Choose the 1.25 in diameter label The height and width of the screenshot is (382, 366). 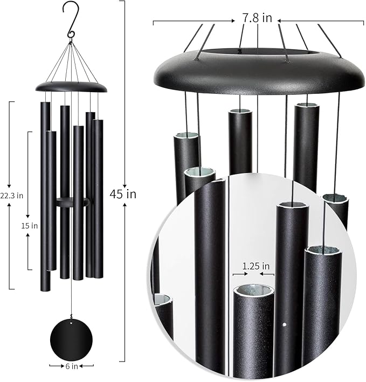pos(253,266)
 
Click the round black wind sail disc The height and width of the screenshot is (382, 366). pos(71,339)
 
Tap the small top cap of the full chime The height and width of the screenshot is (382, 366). pos(71,86)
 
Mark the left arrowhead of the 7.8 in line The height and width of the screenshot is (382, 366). pos(155,22)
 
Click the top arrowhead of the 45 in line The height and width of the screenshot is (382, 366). pos(125,3)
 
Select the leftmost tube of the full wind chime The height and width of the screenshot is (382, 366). pos(45,194)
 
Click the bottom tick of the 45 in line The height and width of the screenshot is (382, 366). pos(125,360)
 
